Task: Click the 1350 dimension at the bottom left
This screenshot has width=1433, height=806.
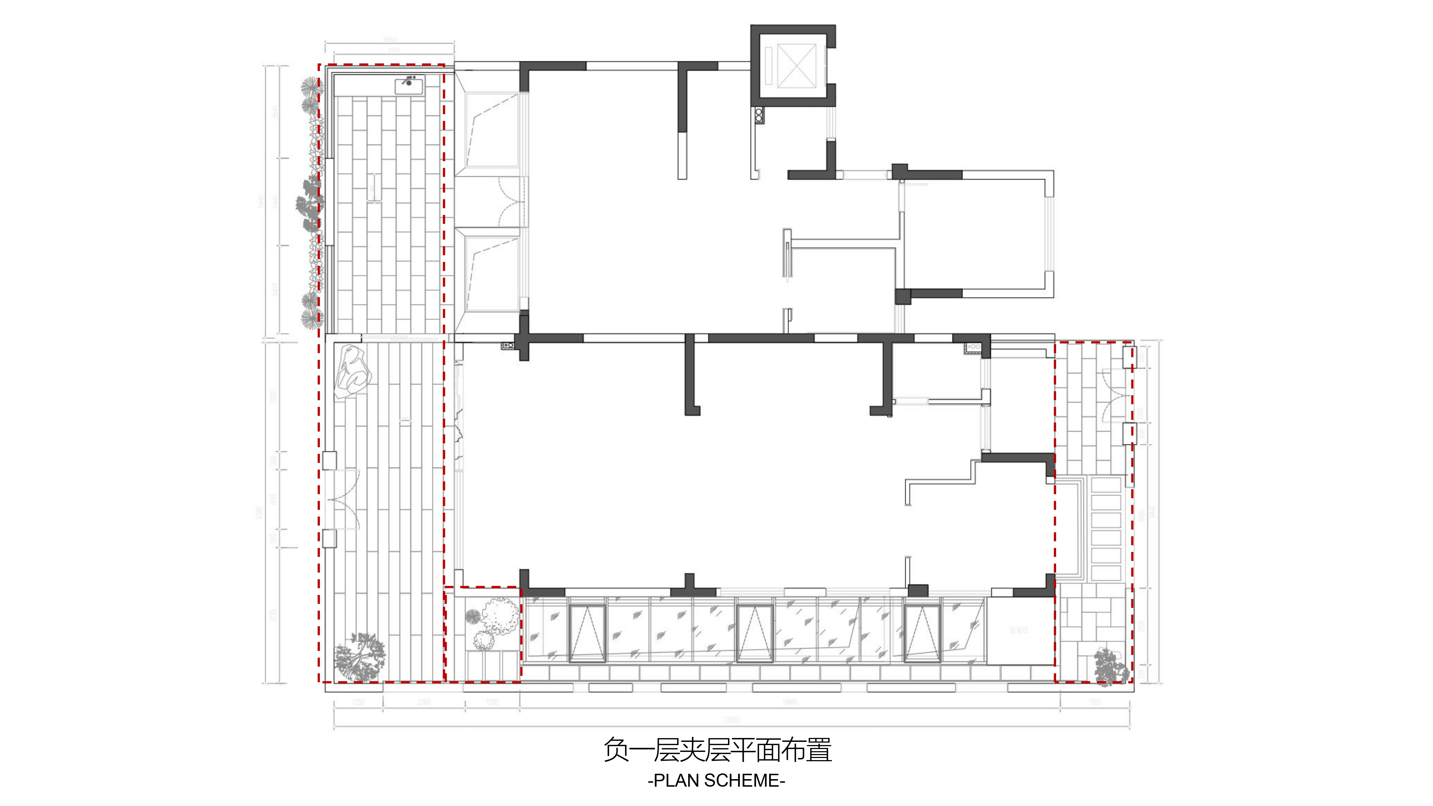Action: tap(358, 702)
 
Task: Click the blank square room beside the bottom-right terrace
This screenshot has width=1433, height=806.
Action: tap(1020, 631)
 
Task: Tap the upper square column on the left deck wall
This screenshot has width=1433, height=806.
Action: tap(329, 460)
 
